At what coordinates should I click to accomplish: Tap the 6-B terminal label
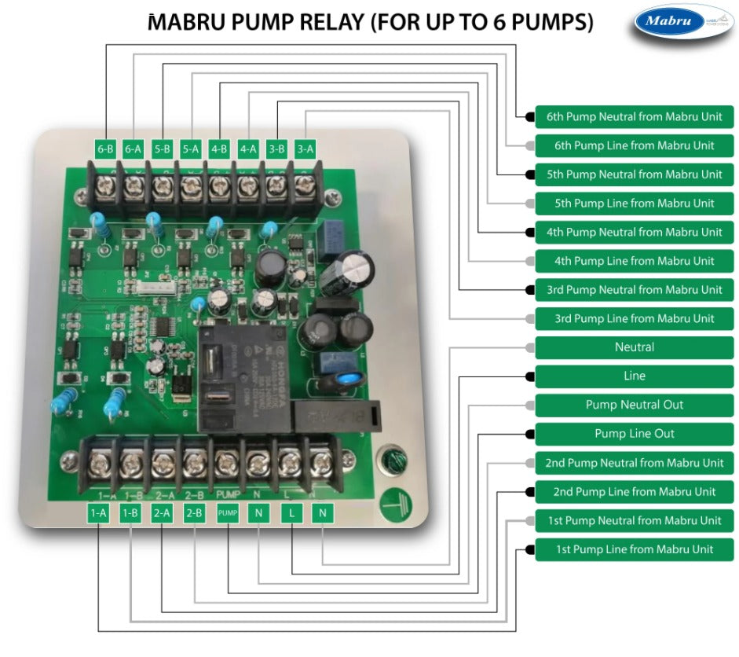coord(105,147)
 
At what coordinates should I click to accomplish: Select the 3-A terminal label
coord(305,147)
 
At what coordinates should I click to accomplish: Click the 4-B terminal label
coord(219,147)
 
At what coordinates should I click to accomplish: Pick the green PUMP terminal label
coord(227,513)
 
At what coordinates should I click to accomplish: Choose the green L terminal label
coord(291,513)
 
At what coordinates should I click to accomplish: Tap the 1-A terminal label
coord(98,513)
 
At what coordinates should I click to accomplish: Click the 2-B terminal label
coord(194,513)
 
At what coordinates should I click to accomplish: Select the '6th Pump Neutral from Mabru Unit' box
coord(635,116)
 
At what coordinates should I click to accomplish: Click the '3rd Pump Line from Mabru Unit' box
coord(635,318)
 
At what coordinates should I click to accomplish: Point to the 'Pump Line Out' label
coord(635,434)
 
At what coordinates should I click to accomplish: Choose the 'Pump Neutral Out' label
coord(635,405)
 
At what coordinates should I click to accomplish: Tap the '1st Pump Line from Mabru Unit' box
coord(635,549)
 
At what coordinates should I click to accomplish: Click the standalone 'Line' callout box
coord(635,376)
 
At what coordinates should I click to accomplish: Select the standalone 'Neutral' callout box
coord(635,347)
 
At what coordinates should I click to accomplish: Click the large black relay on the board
coord(243,377)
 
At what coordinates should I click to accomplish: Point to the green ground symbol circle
coord(393,502)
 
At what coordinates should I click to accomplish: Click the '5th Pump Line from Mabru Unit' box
coord(635,203)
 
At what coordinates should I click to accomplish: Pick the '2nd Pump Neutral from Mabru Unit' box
coord(635,463)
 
